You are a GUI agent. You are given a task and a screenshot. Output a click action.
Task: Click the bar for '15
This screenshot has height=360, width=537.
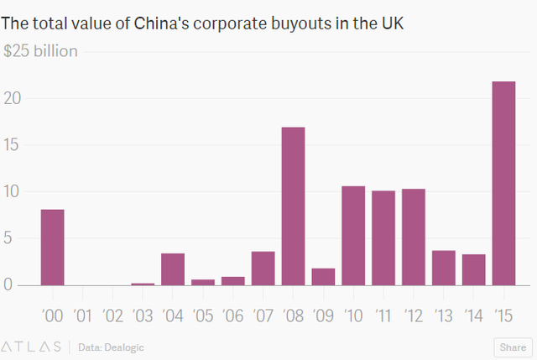[503, 183]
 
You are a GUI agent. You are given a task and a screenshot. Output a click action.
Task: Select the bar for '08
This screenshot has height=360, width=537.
[293, 206]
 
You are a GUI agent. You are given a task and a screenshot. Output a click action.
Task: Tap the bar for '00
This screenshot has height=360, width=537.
[52, 247]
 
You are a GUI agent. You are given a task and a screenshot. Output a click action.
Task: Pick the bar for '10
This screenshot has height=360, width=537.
[353, 235]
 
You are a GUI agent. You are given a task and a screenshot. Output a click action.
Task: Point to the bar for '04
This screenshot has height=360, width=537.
[173, 269]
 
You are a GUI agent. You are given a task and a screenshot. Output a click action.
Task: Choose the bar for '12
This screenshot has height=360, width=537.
[414, 237]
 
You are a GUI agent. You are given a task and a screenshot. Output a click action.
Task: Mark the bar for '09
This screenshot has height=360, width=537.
[323, 276]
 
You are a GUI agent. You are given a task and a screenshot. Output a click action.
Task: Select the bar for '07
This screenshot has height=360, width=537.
[263, 268]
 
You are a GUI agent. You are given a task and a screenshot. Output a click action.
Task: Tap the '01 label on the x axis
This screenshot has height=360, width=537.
[82, 316]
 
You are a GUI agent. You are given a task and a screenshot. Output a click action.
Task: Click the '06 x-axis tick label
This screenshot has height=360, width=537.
[232, 316]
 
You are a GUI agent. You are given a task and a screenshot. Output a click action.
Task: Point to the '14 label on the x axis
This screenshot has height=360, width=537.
[473, 316]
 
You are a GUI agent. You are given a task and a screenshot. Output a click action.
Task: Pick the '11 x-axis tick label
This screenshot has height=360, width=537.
[383, 316]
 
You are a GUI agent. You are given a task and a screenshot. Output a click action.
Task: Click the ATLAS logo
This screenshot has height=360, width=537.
[31, 346]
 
